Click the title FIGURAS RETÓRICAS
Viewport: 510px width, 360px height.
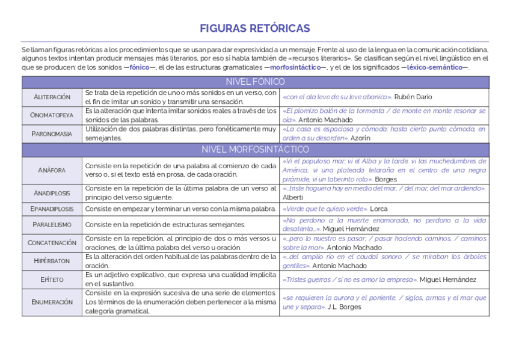click(x=254, y=28)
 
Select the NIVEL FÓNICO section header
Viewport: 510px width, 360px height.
click(x=255, y=82)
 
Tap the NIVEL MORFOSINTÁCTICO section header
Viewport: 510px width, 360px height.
click(x=255, y=149)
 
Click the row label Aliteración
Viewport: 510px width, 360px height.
click(x=52, y=97)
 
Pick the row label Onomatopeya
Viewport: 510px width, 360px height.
click(x=52, y=115)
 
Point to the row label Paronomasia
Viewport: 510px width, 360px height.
click(x=52, y=133)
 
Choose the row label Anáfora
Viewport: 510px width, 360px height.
click(x=52, y=170)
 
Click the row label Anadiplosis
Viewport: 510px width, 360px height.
click(x=52, y=193)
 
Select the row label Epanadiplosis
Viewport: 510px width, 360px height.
click(x=52, y=209)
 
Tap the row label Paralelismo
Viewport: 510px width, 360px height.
click(x=52, y=224)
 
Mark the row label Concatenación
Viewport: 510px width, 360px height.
click(x=52, y=243)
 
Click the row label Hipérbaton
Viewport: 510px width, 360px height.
click(x=52, y=261)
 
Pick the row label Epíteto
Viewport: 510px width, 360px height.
click(x=52, y=279)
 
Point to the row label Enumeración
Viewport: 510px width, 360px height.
click(x=52, y=302)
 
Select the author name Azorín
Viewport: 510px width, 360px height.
click(x=360, y=138)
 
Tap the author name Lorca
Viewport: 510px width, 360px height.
click(x=379, y=209)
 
